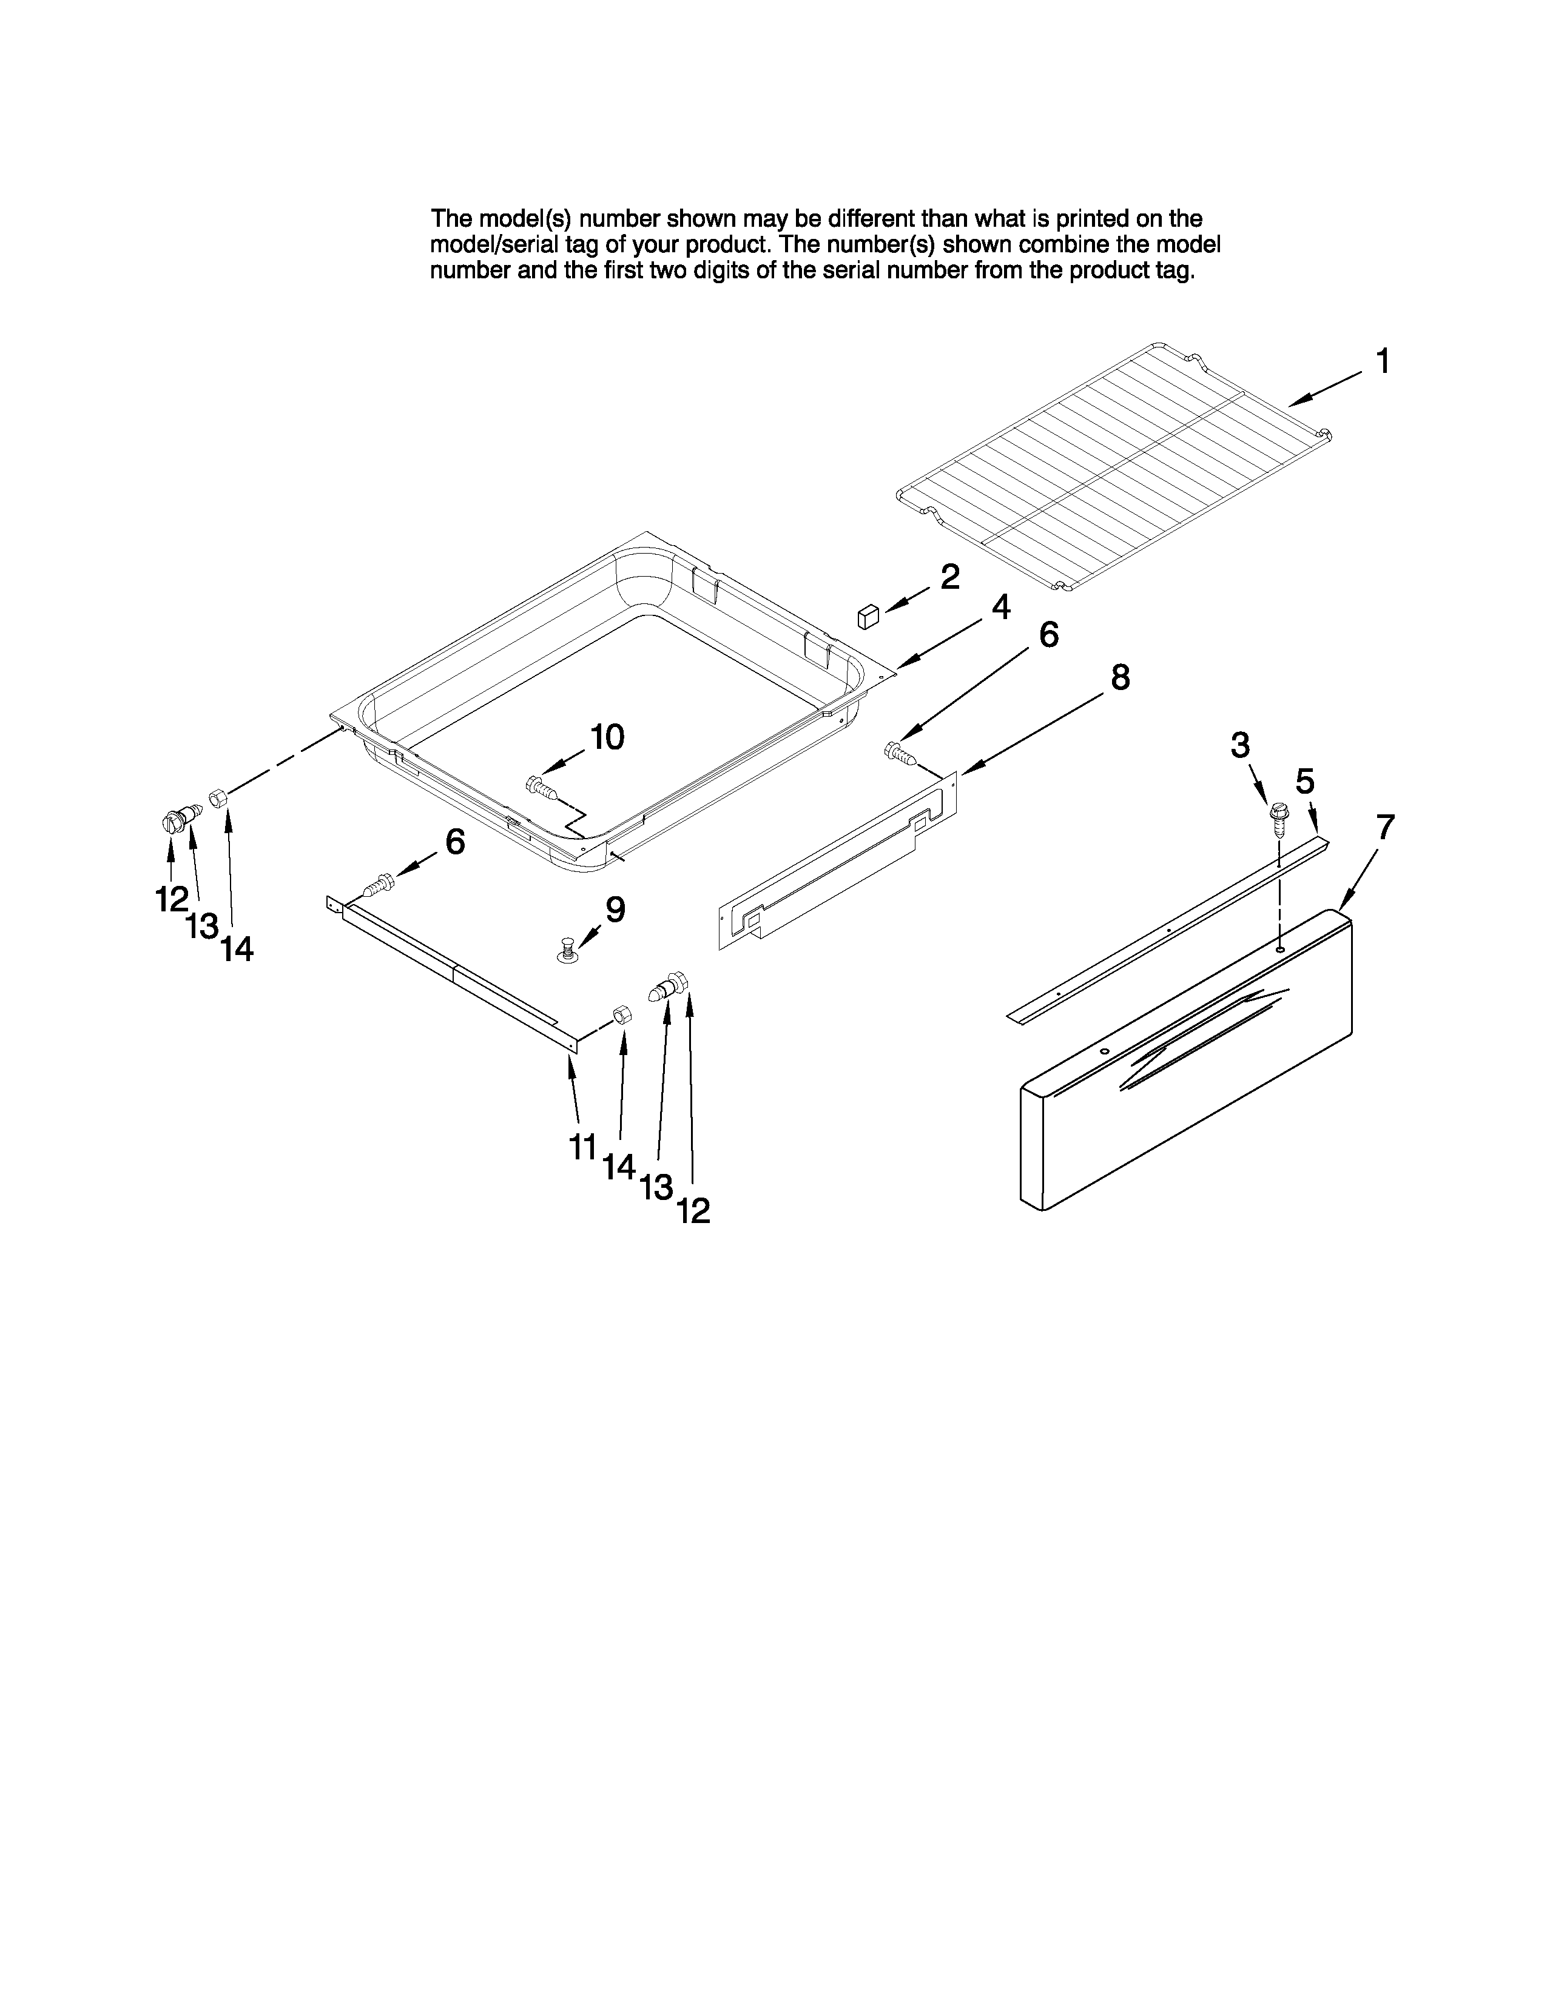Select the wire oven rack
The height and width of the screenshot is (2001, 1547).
coord(1113,468)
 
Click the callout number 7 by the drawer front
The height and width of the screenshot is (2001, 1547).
coord(1385,827)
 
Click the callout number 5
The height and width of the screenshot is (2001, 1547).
coord(1305,782)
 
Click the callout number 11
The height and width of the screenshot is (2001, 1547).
coord(583,1146)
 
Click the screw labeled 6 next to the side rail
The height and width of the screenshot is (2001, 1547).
coord(379,886)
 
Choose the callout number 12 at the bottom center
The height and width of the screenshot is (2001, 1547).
coord(694,1212)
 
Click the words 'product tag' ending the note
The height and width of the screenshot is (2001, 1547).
coord(1145,271)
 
